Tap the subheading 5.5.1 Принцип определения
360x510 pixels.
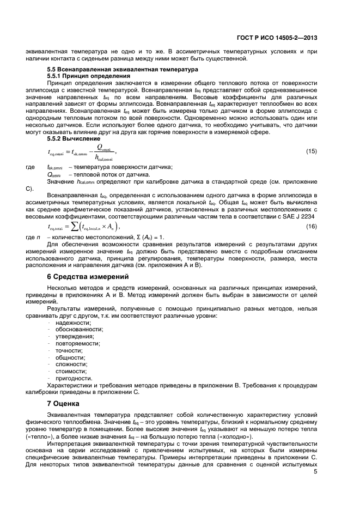pos(82,76)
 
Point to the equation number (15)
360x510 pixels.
pos(312,151)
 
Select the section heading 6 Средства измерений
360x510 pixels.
pos(87,276)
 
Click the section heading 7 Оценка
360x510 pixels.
pos(63,404)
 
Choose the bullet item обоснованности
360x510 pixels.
pos(78,330)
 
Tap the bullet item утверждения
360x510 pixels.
pos(74,337)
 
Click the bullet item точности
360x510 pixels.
pos(68,351)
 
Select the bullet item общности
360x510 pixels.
pos(69,358)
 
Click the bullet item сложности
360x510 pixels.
pos(71,365)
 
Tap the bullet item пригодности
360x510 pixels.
pos(74,379)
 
